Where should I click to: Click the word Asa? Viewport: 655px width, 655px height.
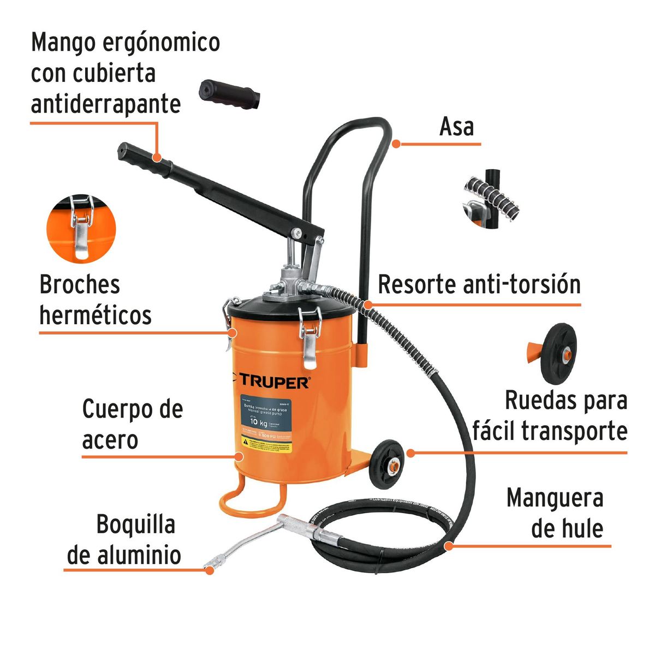click(x=456, y=127)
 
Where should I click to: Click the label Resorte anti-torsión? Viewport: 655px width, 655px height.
click(x=479, y=284)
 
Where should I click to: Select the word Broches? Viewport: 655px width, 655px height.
click(x=80, y=284)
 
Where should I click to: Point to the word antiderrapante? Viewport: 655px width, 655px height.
click(x=105, y=104)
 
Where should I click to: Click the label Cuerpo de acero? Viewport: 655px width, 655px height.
click(x=132, y=424)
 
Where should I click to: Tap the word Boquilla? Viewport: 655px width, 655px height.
click(x=136, y=525)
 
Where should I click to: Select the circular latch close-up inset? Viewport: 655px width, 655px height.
click(x=81, y=229)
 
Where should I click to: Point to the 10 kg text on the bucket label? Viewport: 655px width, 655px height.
click(x=259, y=421)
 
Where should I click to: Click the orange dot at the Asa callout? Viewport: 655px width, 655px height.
click(x=397, y=144)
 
